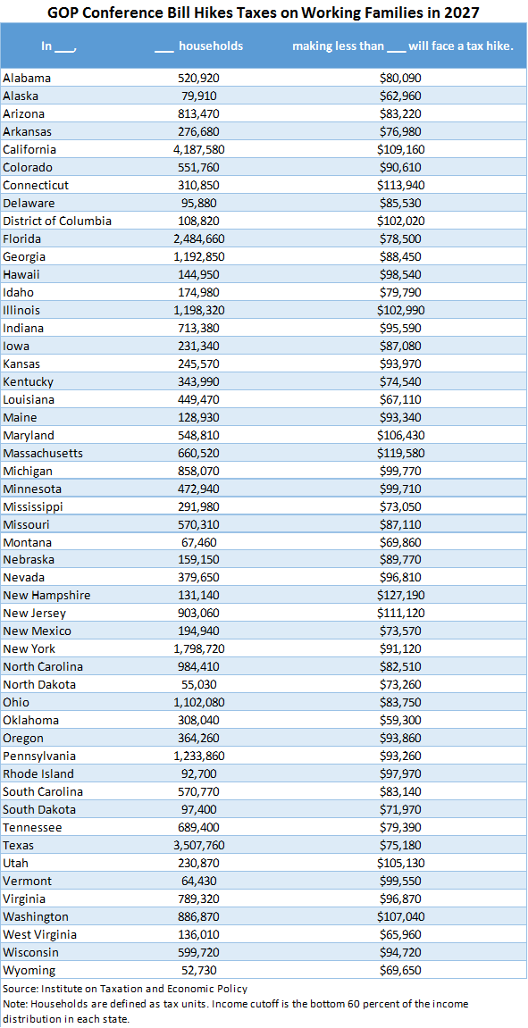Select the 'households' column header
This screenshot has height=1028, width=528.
(x=211, y=46)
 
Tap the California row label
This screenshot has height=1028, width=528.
(x=29, y=149)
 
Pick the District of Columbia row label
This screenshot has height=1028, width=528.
(x=57, y=221)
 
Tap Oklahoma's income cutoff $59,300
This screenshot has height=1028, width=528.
(x=400, y=720)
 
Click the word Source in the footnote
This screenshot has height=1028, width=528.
(x=18, y=989)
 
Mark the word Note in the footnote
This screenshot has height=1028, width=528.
(x=14, y=1004)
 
